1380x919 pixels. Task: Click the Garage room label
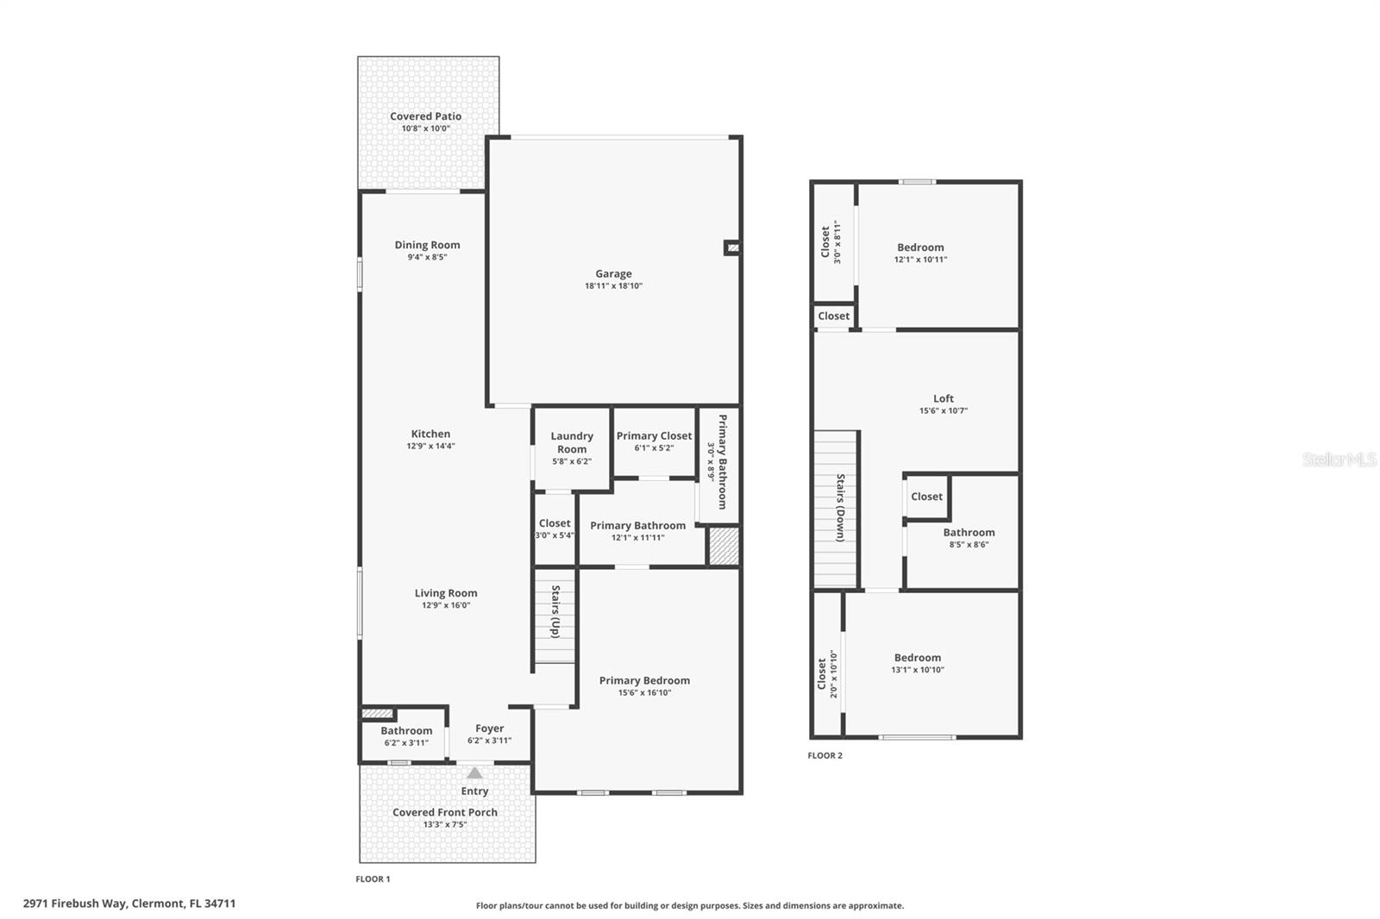613,274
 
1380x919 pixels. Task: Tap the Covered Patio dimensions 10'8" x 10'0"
425,128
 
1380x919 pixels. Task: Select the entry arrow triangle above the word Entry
474,773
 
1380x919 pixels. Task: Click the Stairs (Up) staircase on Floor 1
555,616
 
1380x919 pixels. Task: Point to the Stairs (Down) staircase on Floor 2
837,509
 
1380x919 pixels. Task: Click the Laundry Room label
571,442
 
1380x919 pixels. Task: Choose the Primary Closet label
654,436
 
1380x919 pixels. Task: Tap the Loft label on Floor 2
943,398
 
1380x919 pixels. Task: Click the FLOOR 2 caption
825,755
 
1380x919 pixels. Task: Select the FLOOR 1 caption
373,879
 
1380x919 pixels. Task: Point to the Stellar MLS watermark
1339,459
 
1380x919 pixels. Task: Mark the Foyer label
489,728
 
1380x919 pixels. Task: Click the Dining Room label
427,245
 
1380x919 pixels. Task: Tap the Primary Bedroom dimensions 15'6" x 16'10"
644,692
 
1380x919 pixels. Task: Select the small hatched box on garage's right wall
732,248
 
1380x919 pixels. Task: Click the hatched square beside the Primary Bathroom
724,547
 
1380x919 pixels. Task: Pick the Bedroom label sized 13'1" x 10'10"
917,658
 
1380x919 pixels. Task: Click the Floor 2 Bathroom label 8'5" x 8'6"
969,533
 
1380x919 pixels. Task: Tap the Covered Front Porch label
444,812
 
